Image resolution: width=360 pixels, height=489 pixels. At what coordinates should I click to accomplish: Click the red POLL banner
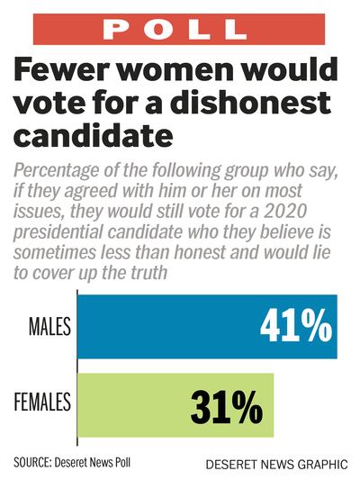pyautogui.click(x=180, y=29)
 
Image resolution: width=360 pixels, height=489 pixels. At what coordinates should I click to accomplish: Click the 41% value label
pyautogui.click(x=295, y=328)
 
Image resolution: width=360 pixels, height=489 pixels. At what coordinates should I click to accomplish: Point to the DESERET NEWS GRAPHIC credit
pyautogui.click(x=274, y=465)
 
